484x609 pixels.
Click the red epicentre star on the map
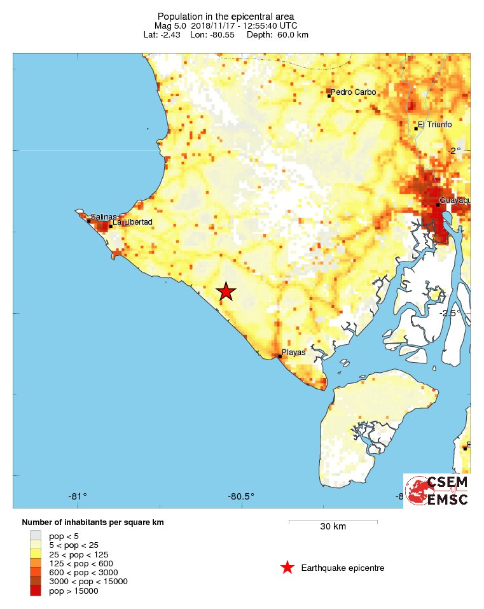point(226,291)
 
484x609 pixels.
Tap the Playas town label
point(294,352)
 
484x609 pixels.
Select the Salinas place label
point(103,217)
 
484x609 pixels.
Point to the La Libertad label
point(133,222)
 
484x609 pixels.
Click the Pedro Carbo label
point(354,92)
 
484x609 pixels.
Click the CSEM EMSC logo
point(437,491)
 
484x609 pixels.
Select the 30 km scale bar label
point(333,527)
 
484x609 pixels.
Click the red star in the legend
point(287,568)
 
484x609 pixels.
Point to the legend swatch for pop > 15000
point(36,591)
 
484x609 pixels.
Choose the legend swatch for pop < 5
point(36,536)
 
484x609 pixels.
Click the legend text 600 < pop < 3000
point(80,572)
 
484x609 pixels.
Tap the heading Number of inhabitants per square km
point(93,522)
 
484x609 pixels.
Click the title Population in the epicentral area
point(226,16)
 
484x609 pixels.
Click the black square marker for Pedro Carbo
point(329,95)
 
